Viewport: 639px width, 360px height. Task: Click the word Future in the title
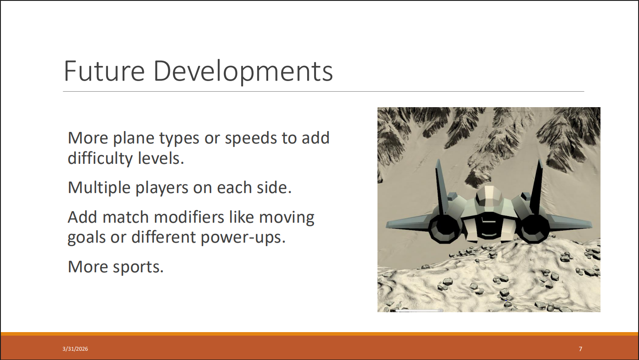point(104,71)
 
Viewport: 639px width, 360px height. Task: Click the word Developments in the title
point(243,72)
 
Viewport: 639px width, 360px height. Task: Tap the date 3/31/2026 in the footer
point(75,349)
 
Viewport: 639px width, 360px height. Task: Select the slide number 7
point(581,349)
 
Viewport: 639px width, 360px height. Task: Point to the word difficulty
point(100,159)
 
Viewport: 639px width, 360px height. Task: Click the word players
point(162,189)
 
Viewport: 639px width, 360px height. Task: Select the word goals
point(87,238)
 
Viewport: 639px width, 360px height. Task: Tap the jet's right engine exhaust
point(533,228)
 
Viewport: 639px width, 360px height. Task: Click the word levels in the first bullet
point(161,158)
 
